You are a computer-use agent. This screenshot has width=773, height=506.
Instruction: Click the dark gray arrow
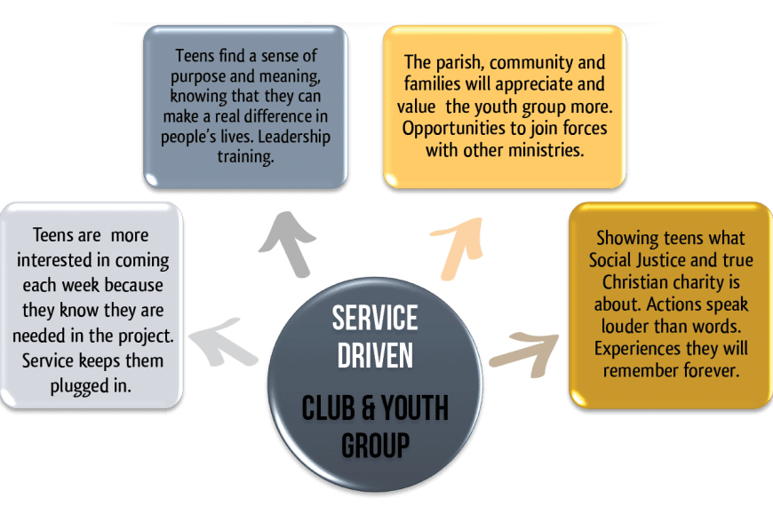pos(289,245)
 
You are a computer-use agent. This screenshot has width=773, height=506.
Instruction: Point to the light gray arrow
pos(221,342)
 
